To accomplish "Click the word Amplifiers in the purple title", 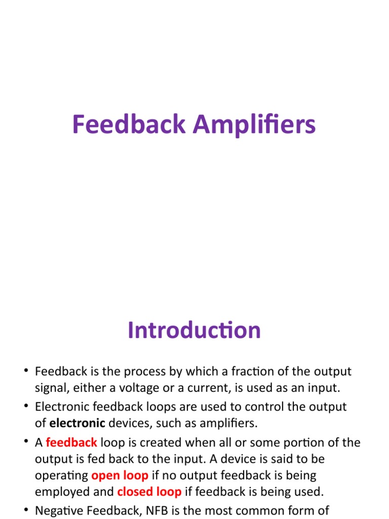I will [253, 125].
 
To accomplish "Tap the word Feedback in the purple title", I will [129, 125].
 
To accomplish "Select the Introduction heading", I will [194, 330].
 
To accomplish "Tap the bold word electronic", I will [77, 423].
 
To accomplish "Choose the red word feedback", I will [71, 442].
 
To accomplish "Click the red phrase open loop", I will [120, 475].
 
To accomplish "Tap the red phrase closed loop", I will [149, 492].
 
